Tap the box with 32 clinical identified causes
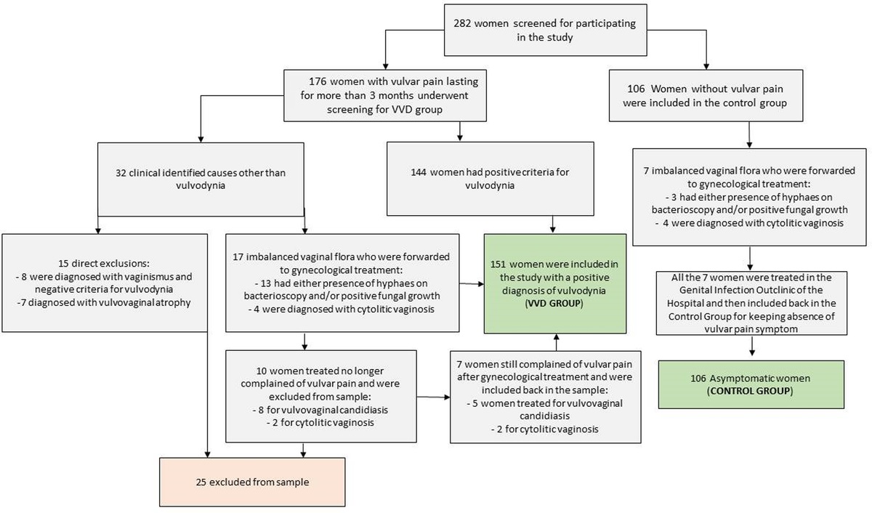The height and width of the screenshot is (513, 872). coord(201,179)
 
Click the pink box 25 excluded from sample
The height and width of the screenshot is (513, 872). coord(254,480)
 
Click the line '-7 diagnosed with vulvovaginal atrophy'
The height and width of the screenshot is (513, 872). coord(105,302)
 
